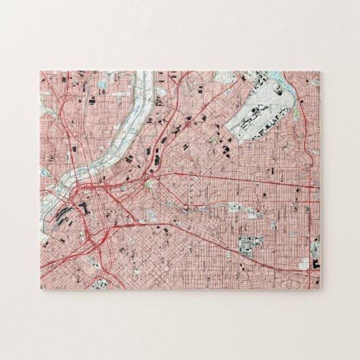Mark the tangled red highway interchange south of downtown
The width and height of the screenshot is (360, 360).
click(x=92, y=238)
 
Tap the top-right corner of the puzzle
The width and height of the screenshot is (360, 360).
click(x=321, y=71)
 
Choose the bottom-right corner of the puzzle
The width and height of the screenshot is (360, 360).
click(x=321, y=289)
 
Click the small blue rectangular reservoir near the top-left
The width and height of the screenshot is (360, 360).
click(x=103, y=85)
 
